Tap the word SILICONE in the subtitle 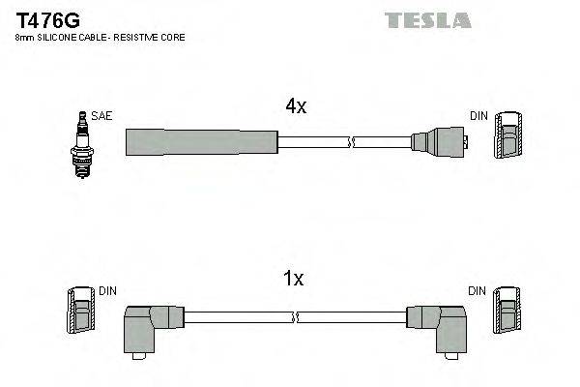coord(58,37)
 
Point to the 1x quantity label coord(294,280)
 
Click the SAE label coord(102,116)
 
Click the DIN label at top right coord(479,116)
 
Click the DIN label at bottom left coord(107,290)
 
